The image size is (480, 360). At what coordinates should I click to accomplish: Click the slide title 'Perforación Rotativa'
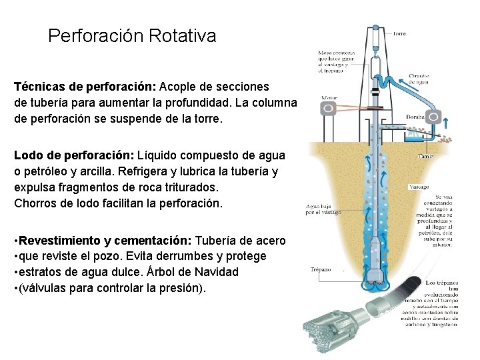132,36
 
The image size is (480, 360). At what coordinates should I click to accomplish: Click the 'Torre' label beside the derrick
399,33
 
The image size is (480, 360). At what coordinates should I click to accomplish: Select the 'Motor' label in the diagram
329,98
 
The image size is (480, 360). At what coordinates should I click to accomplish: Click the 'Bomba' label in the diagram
416,116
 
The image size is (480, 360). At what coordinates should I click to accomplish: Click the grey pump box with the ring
434,117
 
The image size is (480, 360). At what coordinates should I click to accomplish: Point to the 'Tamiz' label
426,157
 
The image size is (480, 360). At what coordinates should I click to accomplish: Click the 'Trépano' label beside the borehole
322,270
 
